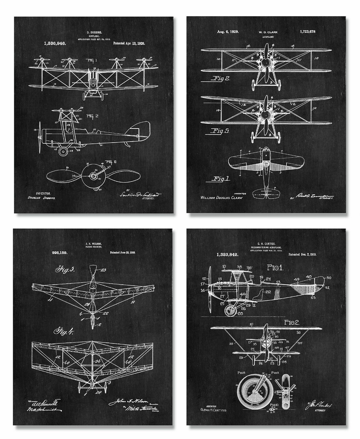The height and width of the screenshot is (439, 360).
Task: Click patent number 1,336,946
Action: (x=55, y=43)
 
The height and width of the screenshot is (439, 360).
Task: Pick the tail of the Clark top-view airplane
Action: (x=267, y=192)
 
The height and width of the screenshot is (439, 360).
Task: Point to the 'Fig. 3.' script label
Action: (x=65, y=270)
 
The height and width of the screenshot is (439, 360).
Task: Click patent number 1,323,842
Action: (x=227, y=254)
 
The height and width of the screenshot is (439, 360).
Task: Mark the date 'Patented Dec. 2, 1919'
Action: (x=303, y=254)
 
